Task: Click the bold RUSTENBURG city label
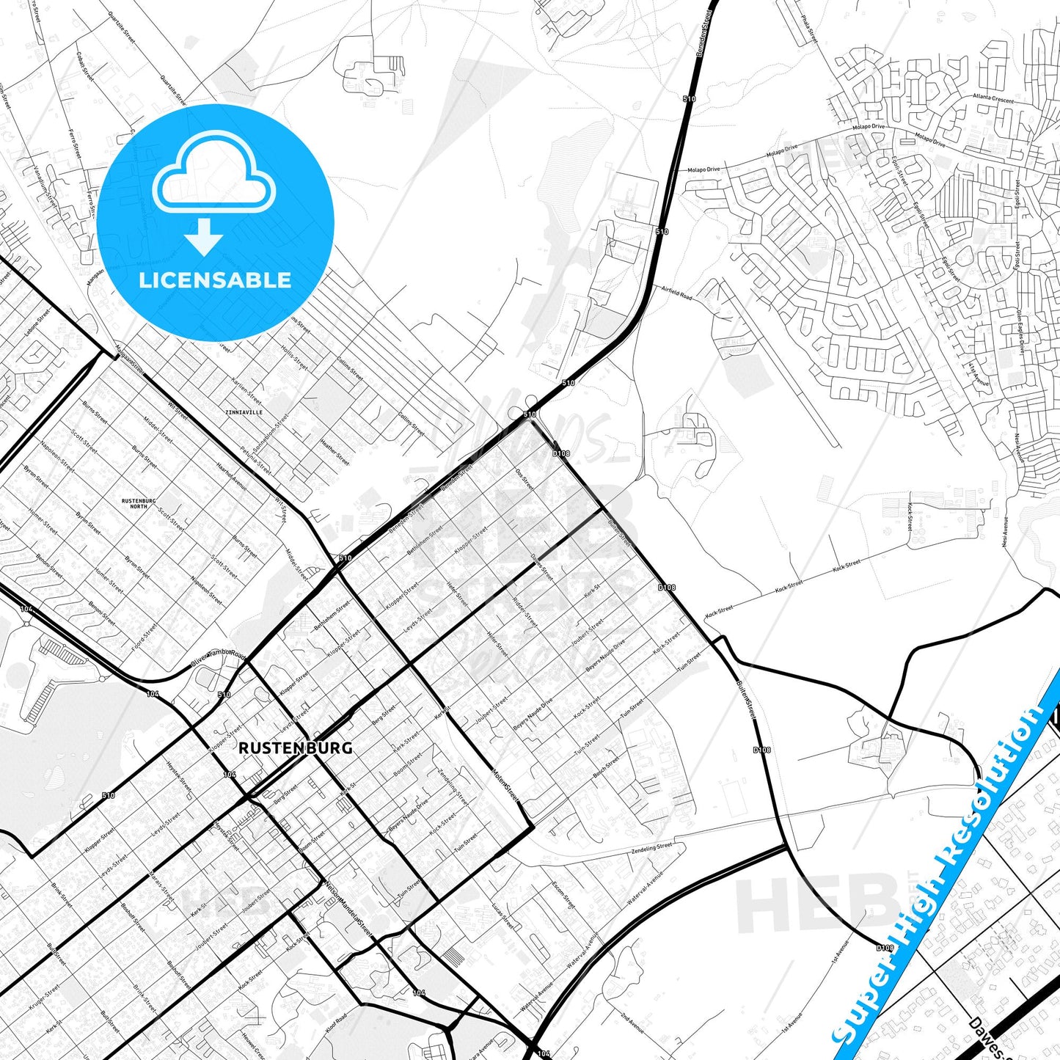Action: tap(295, 748)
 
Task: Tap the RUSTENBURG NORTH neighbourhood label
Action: tap(139, 503)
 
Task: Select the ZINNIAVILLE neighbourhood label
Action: tap(245, 413)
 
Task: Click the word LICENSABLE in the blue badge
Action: tap(215, 279)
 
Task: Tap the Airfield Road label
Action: tap(676, 293)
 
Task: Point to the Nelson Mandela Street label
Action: tap(348, 909)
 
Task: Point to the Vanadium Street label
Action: tap(45, 186)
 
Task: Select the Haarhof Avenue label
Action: tap(232, 476)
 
